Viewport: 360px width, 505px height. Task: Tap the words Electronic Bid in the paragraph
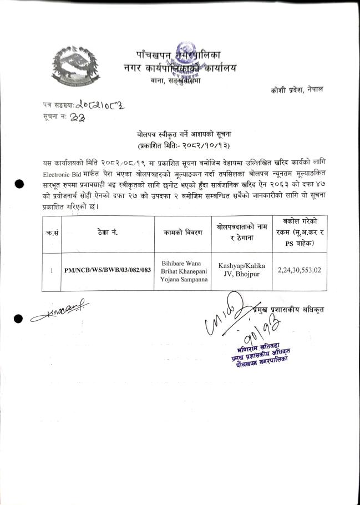[59, 172]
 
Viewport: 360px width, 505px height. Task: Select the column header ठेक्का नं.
[107, 233]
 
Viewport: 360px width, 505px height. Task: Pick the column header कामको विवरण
[182, 233]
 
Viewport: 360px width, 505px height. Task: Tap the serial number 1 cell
[51, 271]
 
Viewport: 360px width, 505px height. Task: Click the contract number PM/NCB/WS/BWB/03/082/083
[107, 271]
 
